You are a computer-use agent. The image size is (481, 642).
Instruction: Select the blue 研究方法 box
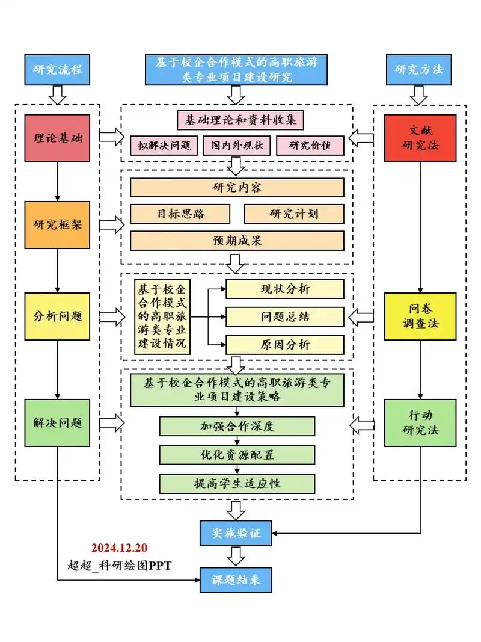click(x=419, y=69)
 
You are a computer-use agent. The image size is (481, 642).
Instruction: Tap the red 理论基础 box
click(x=58, y=138)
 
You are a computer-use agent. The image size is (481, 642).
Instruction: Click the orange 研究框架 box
click(x=58, y=225)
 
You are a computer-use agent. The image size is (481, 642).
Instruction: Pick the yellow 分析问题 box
click(x=58, y=316)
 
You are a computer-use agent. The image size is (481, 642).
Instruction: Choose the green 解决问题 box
click(x=58, y=422)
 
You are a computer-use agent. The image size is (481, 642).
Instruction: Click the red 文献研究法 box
click(x=420, y=138)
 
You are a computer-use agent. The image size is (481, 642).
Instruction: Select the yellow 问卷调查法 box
click(x=420, y=316)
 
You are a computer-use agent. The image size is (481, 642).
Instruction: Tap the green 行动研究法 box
click(x=420, y=422)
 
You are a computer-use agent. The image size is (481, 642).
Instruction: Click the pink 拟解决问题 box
click(x=164, y=145)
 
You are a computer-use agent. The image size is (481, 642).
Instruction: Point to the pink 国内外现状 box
click(x=237, y=145)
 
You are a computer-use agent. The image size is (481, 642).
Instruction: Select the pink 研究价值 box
click(x=310, y=145)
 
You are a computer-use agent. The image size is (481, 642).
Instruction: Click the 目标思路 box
click(x=180, y=214)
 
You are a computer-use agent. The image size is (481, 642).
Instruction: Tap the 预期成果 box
click(x=237, y=241)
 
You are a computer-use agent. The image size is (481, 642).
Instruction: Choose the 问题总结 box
click(x=285, y=316)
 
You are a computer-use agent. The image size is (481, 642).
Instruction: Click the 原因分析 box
click(x=285, y=345)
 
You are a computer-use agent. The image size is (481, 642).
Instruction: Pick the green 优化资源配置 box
click(x=237, y=455)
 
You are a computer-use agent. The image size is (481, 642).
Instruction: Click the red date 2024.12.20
click(x=119, y=548)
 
